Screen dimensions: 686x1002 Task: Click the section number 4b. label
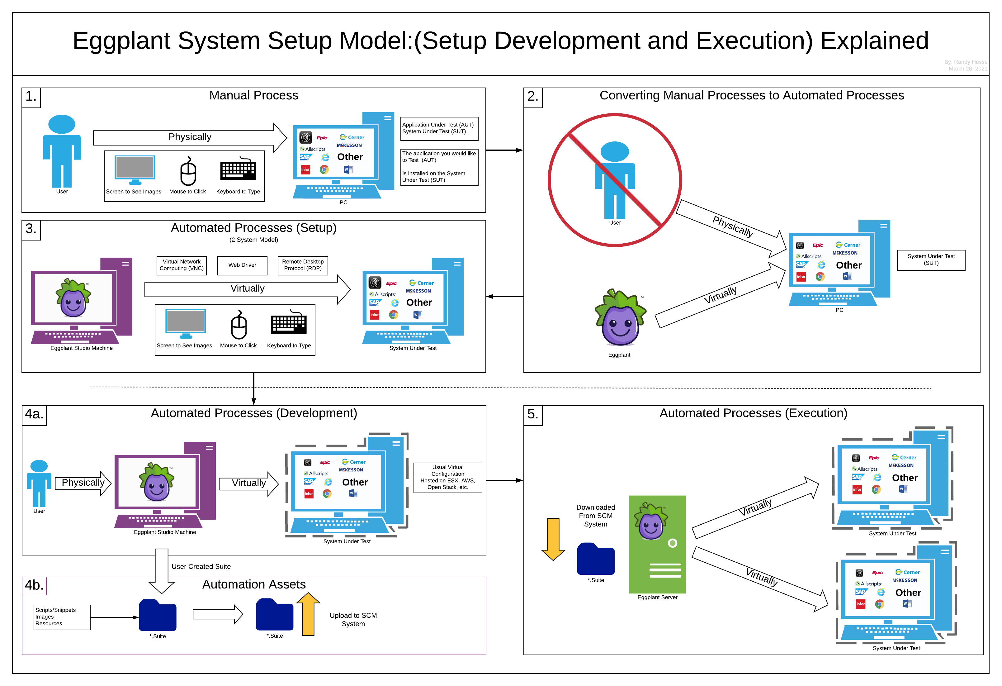(x=34, y=585)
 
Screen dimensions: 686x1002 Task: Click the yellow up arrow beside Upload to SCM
(x=308, y=614)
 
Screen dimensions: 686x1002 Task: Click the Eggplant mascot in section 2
(x=620, y=318)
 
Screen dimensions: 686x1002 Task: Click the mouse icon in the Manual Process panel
(x=188, y=172)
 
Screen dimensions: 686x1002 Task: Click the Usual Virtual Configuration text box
(x=447, y=478)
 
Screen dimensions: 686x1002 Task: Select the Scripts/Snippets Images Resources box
(x=62, y=617)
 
